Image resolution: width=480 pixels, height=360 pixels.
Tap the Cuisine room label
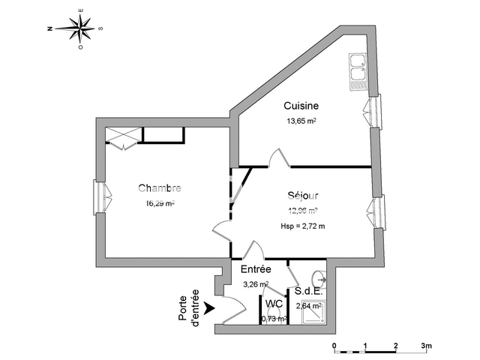299,106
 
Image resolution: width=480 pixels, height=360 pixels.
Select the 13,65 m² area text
299,121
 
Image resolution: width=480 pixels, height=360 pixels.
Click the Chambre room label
159,188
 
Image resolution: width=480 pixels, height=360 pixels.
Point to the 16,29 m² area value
160,202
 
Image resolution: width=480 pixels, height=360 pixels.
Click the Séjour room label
302,196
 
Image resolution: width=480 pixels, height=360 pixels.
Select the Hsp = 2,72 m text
302,226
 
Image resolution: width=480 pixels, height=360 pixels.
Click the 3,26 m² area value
256,283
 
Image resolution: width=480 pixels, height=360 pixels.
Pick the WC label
274,304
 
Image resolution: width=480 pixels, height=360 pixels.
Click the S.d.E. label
308,291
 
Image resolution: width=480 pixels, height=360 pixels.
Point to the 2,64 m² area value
308,305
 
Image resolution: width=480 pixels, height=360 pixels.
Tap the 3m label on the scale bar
427,346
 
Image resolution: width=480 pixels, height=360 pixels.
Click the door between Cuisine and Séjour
278,158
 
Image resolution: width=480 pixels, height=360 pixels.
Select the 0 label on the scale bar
334,346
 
